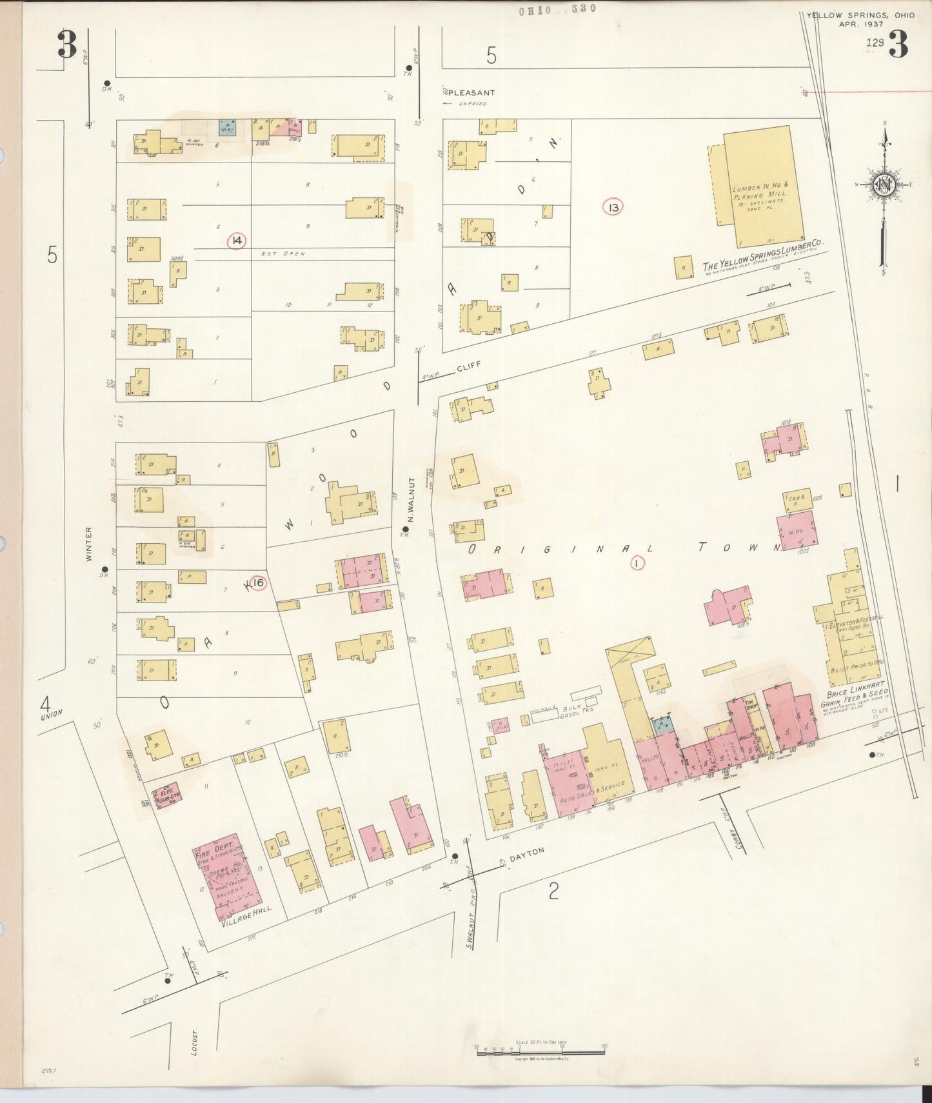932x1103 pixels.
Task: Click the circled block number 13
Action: coord(613,207)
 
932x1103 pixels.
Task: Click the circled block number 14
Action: coord(237,241)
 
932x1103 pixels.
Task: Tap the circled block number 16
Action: coord(258,583)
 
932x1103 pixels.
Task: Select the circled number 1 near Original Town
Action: coord(637,563)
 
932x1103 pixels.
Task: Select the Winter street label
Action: coord(89,543)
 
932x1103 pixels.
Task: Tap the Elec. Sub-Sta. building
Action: coord(168,793)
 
